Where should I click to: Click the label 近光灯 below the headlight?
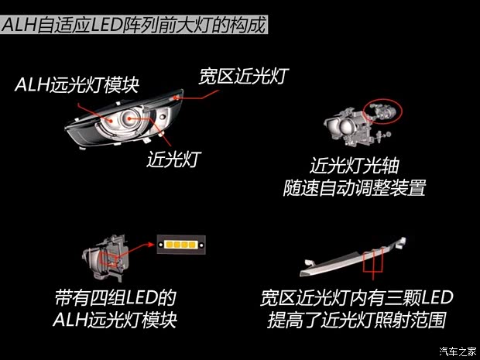[174, 159]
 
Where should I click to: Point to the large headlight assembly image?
[124, 121]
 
